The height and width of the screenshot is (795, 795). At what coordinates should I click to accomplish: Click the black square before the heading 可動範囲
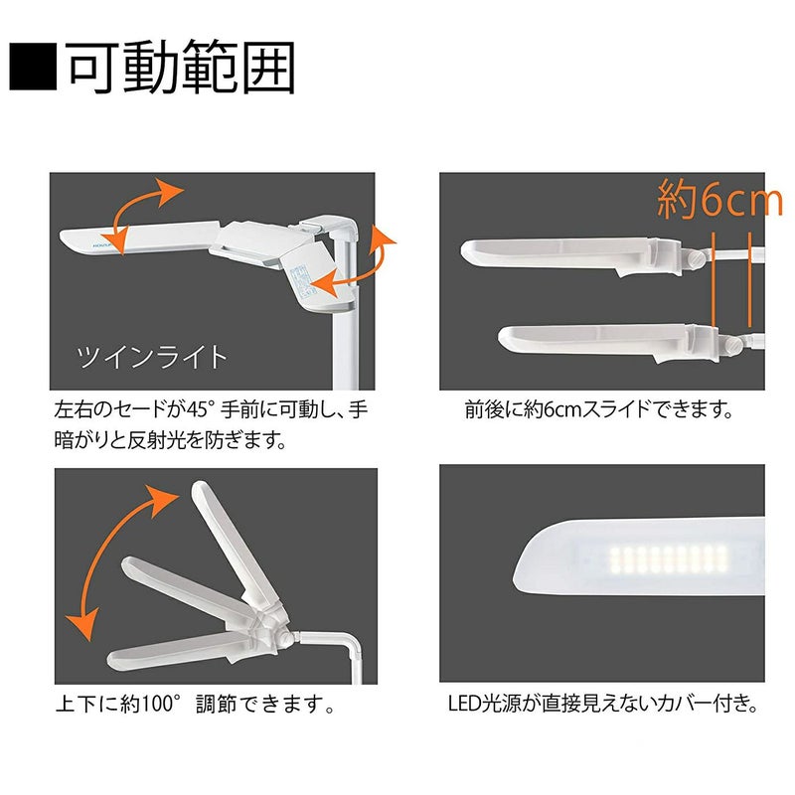point(33,67)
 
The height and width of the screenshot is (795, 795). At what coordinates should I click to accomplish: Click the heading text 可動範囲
point(180,67)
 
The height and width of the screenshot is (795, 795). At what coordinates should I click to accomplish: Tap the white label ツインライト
point(152,357)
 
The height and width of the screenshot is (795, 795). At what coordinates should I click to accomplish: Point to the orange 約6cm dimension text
point(719,200)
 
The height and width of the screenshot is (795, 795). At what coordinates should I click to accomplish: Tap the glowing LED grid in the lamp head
point(669,559)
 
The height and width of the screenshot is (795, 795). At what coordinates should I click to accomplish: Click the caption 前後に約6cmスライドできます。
point(599,409)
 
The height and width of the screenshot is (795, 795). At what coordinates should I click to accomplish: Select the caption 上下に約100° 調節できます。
point(195,704)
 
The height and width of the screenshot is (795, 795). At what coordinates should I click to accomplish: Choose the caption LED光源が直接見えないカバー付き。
point(603,704)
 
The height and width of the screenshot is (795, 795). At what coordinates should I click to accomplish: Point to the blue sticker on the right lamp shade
point(303,280)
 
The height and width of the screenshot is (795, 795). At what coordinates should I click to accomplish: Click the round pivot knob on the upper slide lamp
point(696,257)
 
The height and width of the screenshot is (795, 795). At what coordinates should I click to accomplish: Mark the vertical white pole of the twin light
point(345,325)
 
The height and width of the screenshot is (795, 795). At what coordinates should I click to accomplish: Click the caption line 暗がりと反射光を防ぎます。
point(171,440)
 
